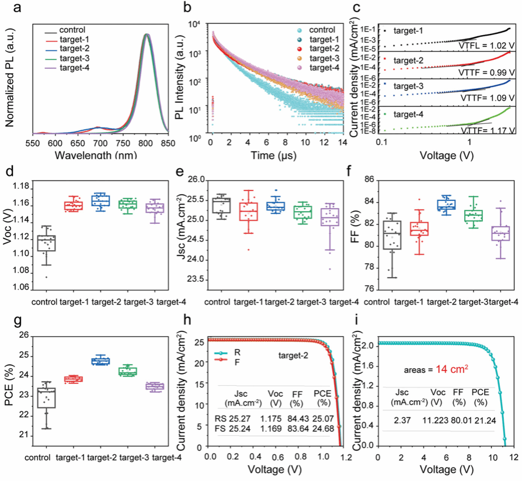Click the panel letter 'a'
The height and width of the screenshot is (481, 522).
coord(11,8)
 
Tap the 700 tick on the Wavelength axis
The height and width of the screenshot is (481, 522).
coord(100,144)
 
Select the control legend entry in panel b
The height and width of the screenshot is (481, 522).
coord(321,30)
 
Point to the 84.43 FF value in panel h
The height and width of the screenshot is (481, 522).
coord(298,419)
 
